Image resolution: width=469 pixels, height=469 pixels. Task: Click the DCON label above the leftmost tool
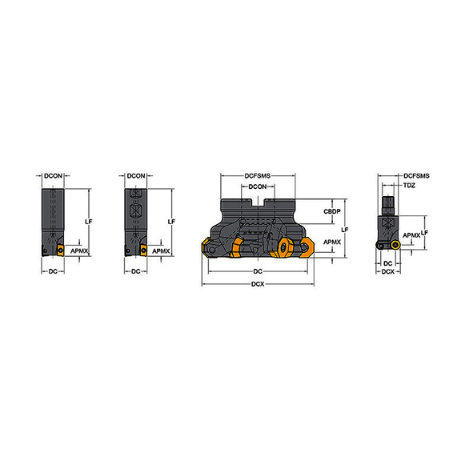pos(53,176)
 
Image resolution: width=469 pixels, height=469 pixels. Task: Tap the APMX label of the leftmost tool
pos(78,251)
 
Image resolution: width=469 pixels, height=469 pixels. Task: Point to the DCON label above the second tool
pos(136,176)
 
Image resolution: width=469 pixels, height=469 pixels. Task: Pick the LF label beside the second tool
pos(172,221)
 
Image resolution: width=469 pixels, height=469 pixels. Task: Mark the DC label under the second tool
pos(135,272)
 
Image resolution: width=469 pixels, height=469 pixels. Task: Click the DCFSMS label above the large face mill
pos(258,176)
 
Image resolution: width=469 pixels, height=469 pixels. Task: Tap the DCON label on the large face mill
pos(257,187)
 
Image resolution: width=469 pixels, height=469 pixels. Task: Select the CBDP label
pos(333,210)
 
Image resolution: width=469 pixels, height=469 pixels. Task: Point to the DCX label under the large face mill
pos(258,285)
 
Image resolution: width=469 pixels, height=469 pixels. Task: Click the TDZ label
pos(409,185)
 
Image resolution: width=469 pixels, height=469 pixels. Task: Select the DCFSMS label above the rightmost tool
pos(416,175)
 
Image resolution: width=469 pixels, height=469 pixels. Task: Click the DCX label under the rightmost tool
pos(387,273)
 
